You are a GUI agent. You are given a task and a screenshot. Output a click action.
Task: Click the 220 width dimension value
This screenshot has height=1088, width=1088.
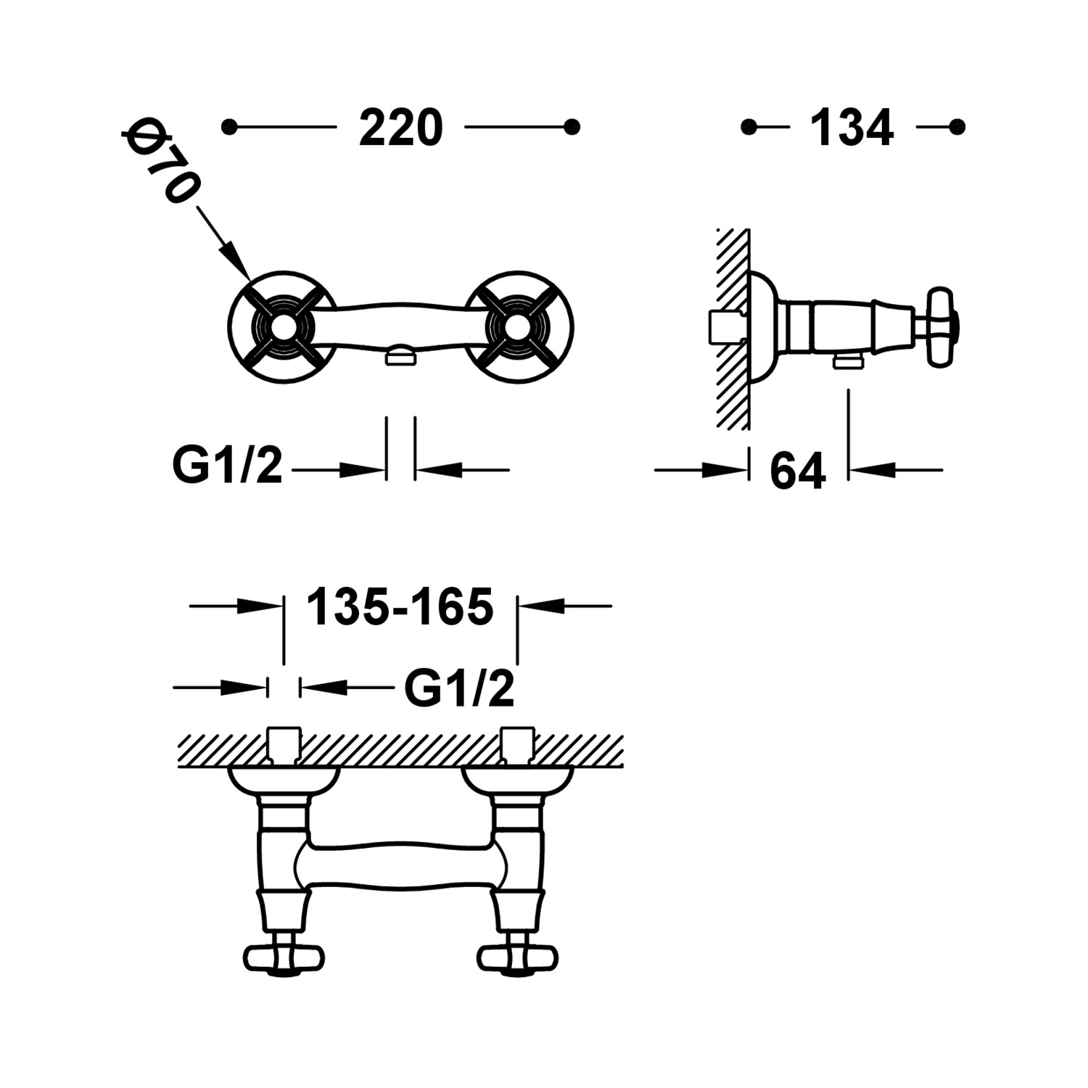[400, 128]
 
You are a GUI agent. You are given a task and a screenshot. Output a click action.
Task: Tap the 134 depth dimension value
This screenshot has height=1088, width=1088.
[852, 128]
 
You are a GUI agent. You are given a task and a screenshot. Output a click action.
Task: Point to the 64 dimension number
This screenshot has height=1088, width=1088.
[798, 471]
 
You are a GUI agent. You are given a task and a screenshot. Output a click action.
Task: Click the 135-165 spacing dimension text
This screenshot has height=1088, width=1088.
[400, 606]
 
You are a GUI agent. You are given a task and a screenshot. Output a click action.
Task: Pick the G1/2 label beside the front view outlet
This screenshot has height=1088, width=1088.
[227, 465]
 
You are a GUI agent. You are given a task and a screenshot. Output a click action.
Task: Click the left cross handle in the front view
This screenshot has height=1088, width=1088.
[281, 324]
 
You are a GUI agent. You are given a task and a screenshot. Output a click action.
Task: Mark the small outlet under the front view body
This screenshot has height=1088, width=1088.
[400, 355]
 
